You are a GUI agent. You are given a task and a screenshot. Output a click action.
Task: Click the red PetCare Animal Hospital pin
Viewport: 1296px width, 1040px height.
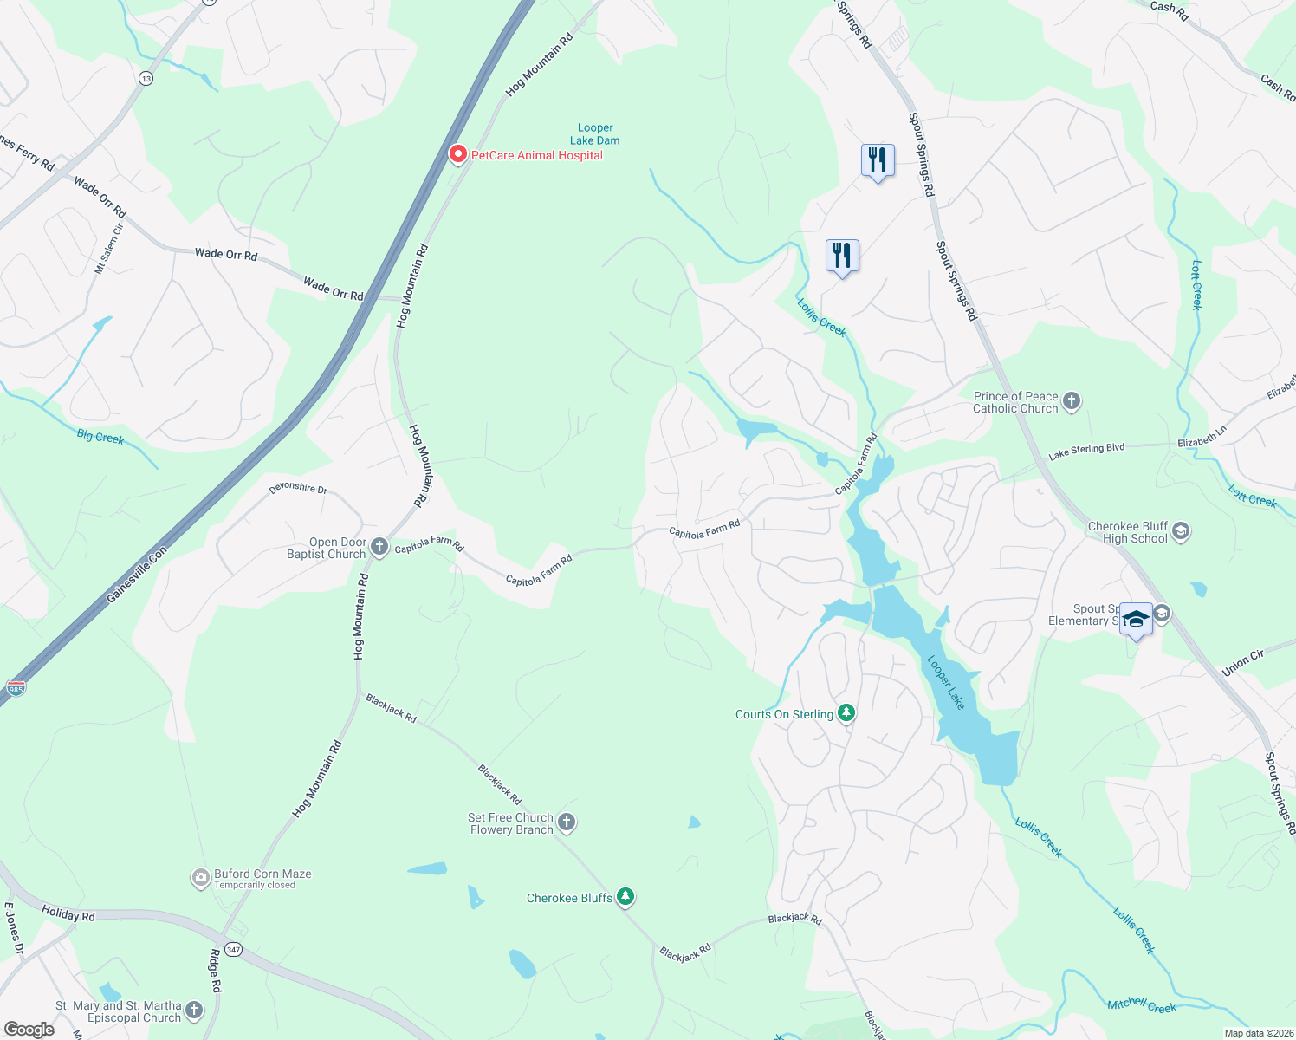[x=457, y=154]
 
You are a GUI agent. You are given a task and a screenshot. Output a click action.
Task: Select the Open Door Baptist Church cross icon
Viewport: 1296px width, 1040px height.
[x=379, y=547]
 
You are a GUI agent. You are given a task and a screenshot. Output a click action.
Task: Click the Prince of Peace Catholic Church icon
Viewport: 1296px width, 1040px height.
[x=1072, y=401]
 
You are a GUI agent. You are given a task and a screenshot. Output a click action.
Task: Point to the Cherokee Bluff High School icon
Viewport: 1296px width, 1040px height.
[x=1180, y=531]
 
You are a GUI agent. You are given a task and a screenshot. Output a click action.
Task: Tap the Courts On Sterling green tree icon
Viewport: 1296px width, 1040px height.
[x=846, y=713]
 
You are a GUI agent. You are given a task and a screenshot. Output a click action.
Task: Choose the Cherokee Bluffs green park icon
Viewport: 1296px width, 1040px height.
[x=625, y=897]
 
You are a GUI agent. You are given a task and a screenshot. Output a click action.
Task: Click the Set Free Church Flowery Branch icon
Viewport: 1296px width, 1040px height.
[x=567, y=822]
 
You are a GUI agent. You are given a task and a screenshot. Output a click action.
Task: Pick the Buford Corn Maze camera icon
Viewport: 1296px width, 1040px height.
[x=200, y=878]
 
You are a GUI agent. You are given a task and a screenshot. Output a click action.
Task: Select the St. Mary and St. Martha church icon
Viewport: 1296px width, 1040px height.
[x=194, y=1010]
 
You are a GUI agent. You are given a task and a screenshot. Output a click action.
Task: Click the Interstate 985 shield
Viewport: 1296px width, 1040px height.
[x=16, y=687]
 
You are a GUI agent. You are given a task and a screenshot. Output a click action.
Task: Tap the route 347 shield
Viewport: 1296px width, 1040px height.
[x=233, y=950]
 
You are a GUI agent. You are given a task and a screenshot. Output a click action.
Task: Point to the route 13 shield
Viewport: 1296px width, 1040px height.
[x=146, y=79]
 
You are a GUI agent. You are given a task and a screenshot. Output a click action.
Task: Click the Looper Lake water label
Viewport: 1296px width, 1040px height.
[x=946, y=683]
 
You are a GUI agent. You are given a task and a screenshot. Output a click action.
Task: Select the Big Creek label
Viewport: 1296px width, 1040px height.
[x=100, y=437]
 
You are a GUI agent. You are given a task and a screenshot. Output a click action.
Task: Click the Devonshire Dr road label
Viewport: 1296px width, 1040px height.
[x=298, y=488]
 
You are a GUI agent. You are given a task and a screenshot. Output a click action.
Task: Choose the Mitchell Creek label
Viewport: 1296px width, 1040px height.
[x=1142, y=1005]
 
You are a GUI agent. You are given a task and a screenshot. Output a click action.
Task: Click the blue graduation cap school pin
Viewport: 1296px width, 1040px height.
[x=1136, y=620]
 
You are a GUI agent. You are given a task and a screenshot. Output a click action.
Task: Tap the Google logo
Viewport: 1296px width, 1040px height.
[x=29, y=1029]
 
